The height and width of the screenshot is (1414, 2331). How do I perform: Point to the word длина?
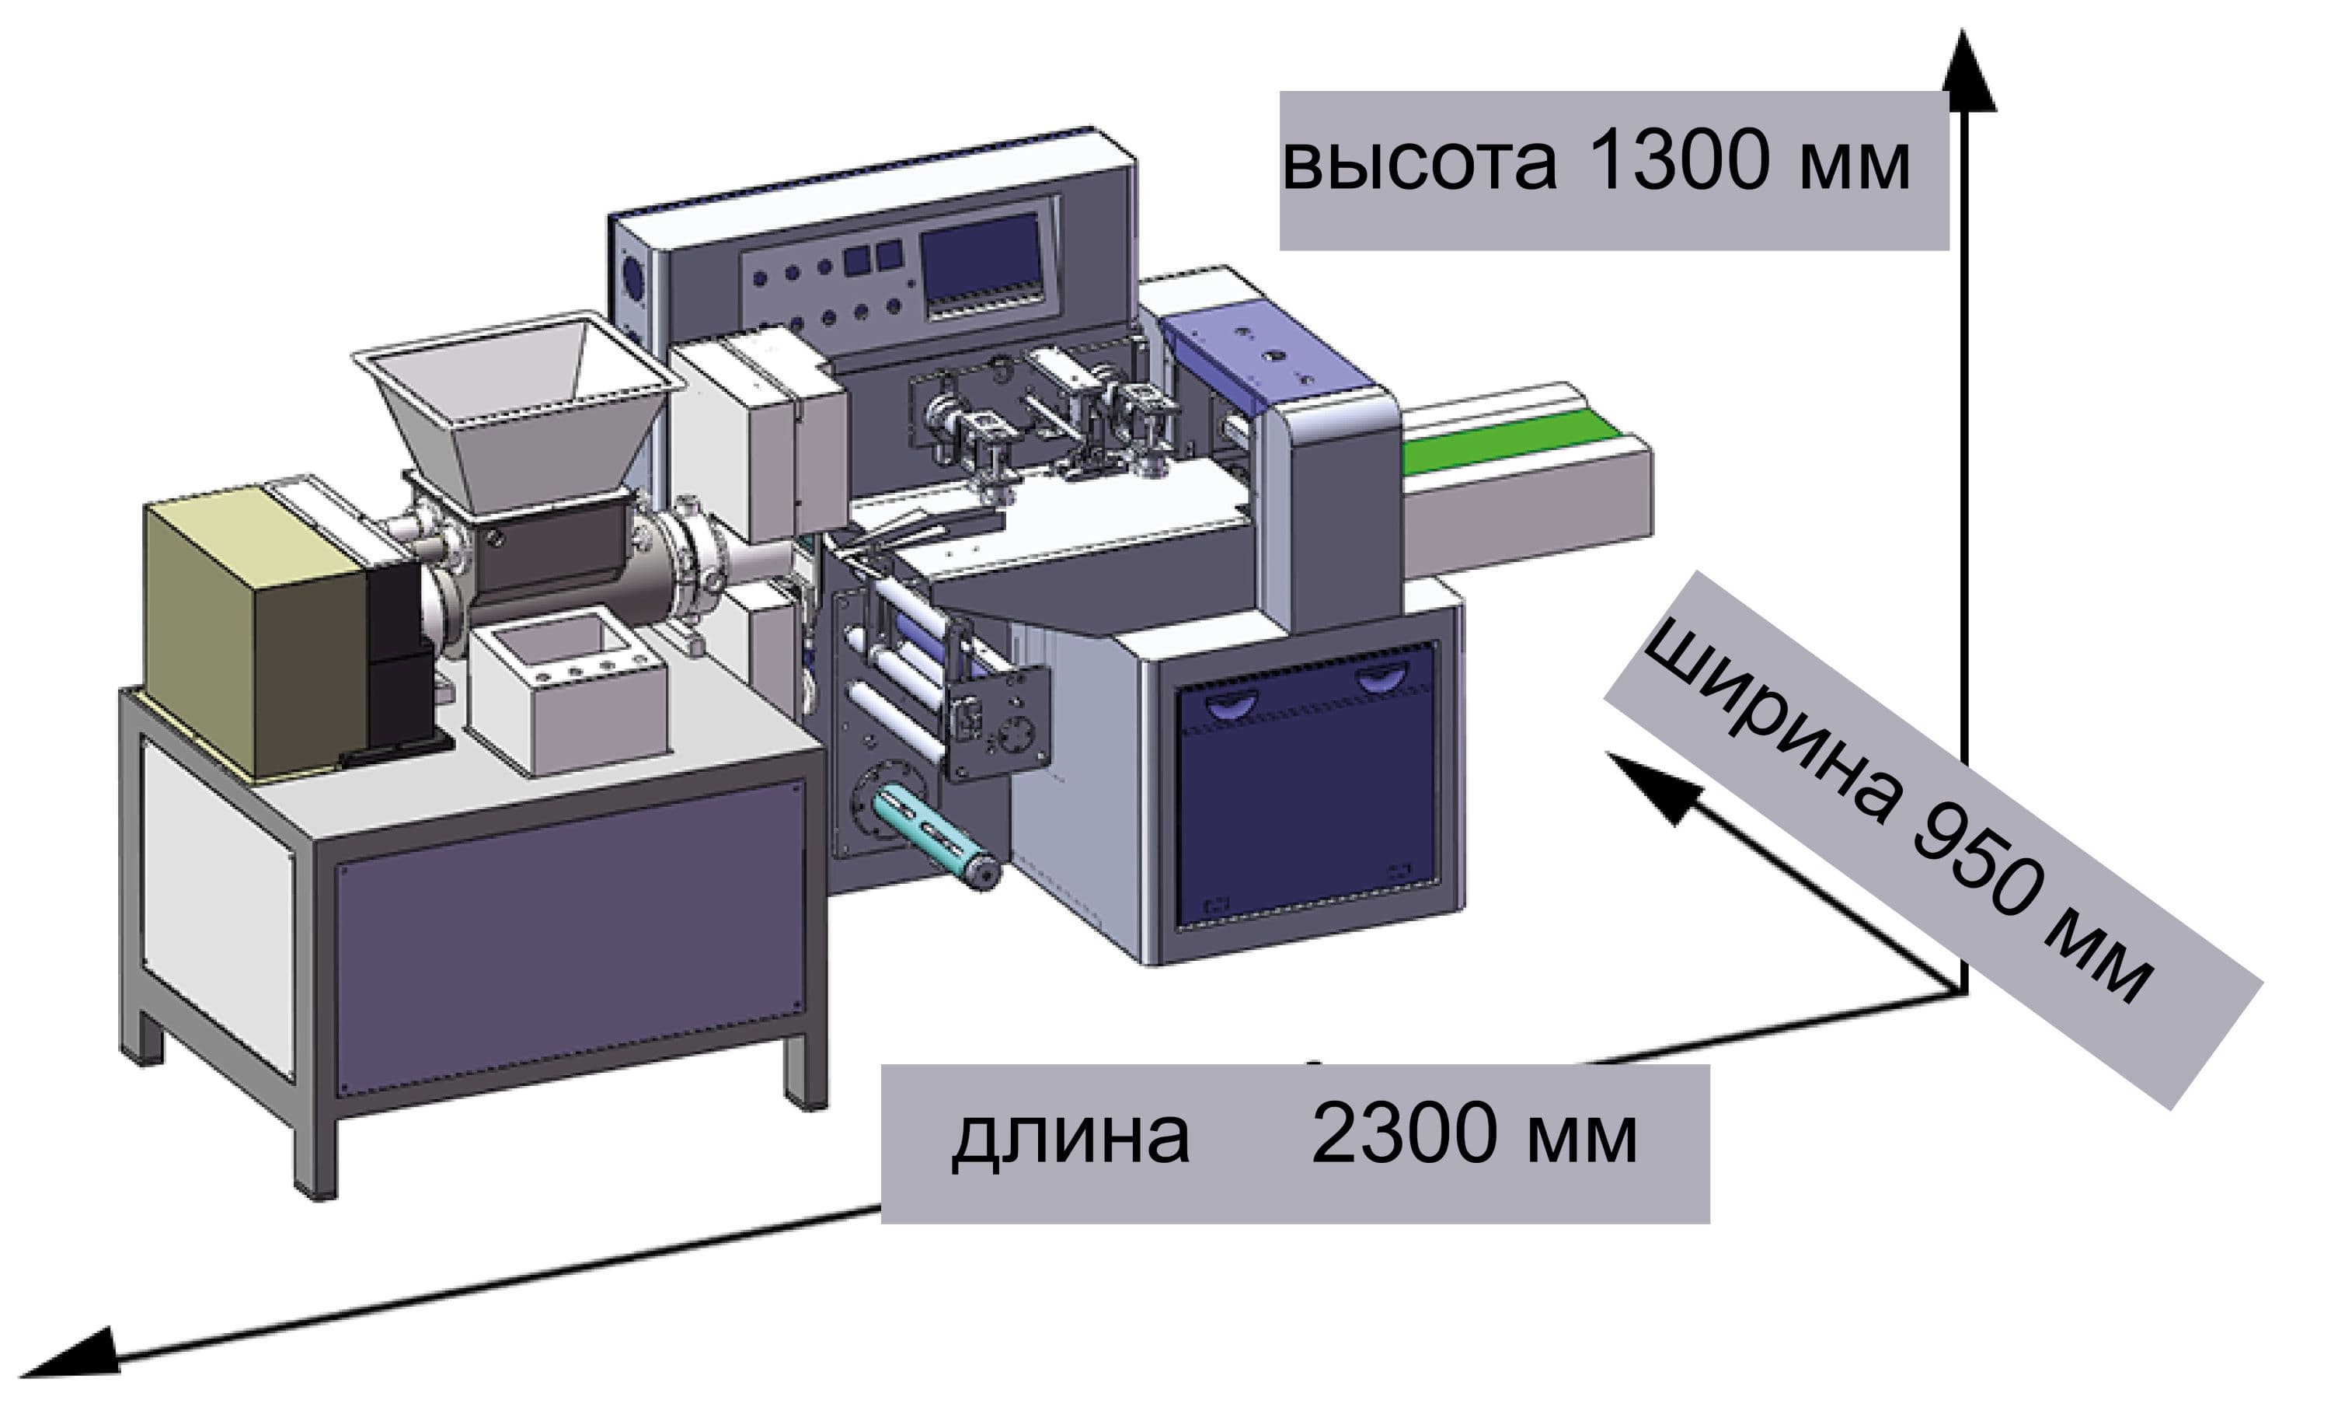pos(1070,1136)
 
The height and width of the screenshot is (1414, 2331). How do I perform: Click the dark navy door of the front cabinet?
pos(1305,805)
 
